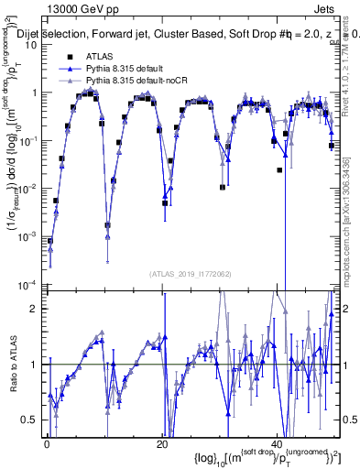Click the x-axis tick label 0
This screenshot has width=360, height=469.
point(47,442)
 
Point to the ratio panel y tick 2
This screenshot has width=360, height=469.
point(36,308)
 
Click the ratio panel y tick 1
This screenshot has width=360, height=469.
point(36,364)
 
